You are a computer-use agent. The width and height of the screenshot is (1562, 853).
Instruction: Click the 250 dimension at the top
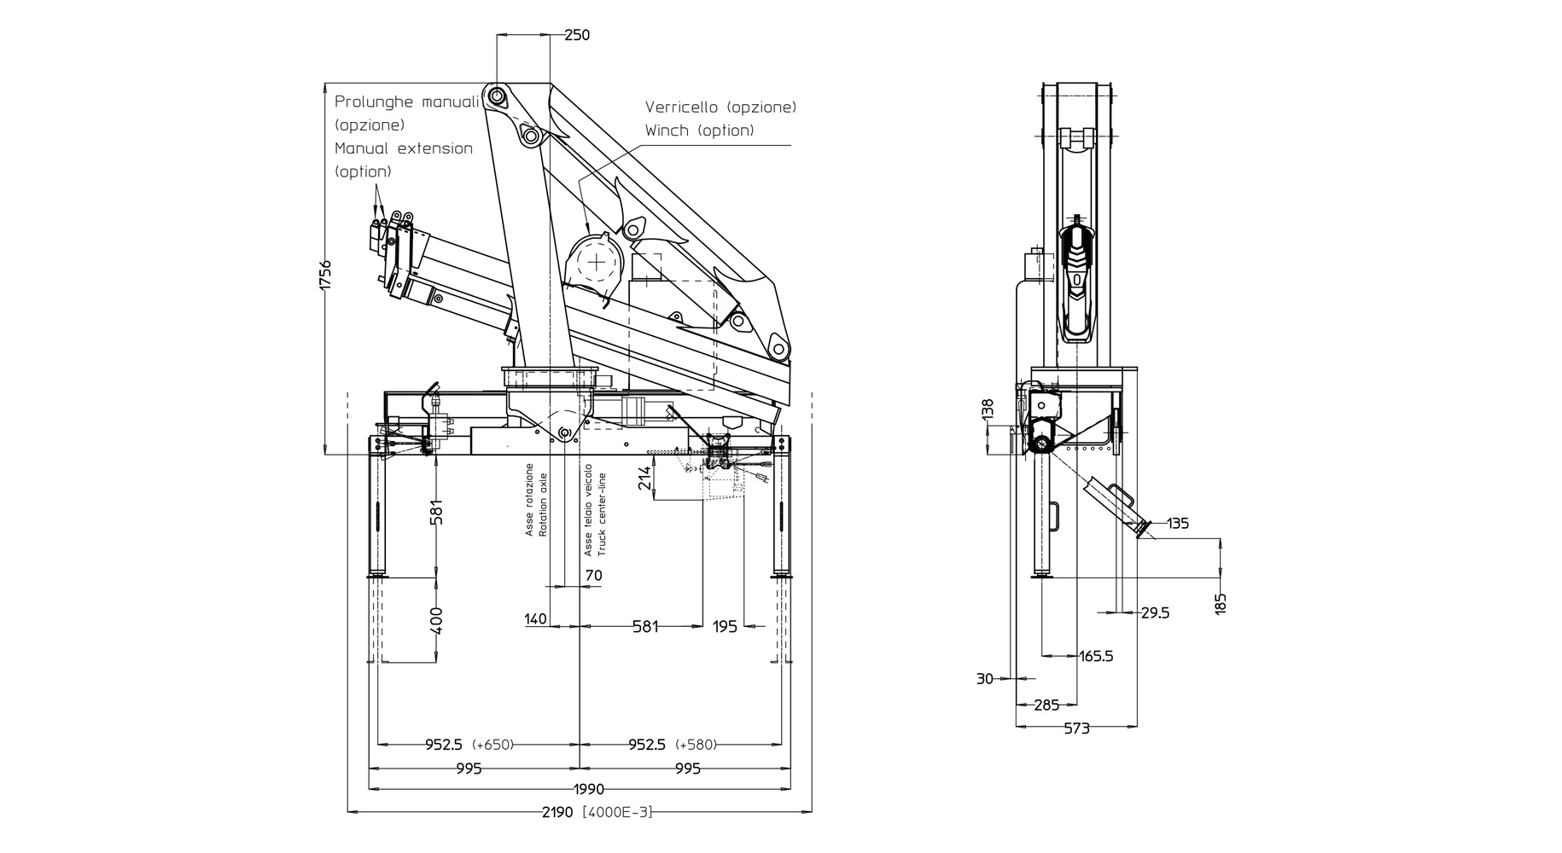click(577, 35)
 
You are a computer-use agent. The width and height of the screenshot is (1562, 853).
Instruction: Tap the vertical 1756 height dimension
click(325, 275)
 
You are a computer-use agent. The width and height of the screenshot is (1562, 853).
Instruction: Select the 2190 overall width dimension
click(558, 812)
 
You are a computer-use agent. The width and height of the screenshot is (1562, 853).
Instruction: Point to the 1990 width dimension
click(588, 789)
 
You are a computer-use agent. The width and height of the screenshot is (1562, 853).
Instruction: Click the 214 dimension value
click(645, 478)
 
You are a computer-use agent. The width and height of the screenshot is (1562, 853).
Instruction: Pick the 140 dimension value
click(535, 619)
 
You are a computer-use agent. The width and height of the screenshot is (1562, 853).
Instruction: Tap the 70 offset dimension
click(594, 576)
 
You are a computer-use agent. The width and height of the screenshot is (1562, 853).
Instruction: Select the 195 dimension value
click(725, 627)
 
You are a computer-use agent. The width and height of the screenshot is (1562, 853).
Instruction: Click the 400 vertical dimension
click(436, 620)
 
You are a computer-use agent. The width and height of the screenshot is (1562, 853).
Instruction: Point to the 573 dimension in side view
click(1077, 728)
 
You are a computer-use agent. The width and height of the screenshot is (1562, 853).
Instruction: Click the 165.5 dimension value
click(1096, 657)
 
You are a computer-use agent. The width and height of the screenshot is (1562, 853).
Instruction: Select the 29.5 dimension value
click(1155, 612)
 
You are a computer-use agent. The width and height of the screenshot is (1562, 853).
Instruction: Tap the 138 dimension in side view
click(988, 409)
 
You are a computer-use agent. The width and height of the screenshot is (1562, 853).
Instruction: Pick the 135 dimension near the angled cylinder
click(1178, 524)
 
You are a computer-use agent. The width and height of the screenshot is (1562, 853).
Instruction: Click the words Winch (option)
click(699, 131)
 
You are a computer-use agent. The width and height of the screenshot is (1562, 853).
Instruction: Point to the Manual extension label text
click(404, 148)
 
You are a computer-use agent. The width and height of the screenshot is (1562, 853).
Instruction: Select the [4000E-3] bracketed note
click(617, 812)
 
